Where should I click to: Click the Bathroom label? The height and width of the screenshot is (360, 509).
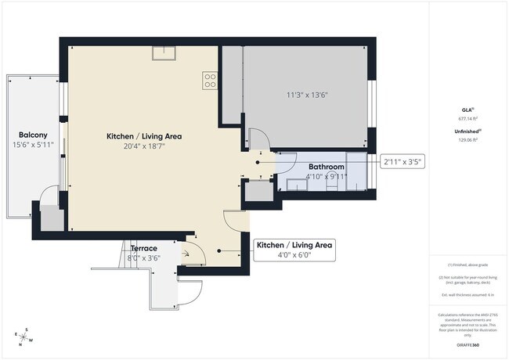coord(326,167)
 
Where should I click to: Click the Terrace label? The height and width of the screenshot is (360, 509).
coord(143,248)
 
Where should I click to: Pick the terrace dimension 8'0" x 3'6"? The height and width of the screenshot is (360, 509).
coord(143,257)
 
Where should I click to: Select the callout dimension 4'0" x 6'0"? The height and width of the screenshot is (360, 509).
coord(294,255)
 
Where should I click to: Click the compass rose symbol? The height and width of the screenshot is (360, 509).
coord(24,337)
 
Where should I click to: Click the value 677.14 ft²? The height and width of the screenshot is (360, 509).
coord(468,119)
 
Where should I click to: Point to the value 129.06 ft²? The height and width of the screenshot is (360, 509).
coord(468,140)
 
